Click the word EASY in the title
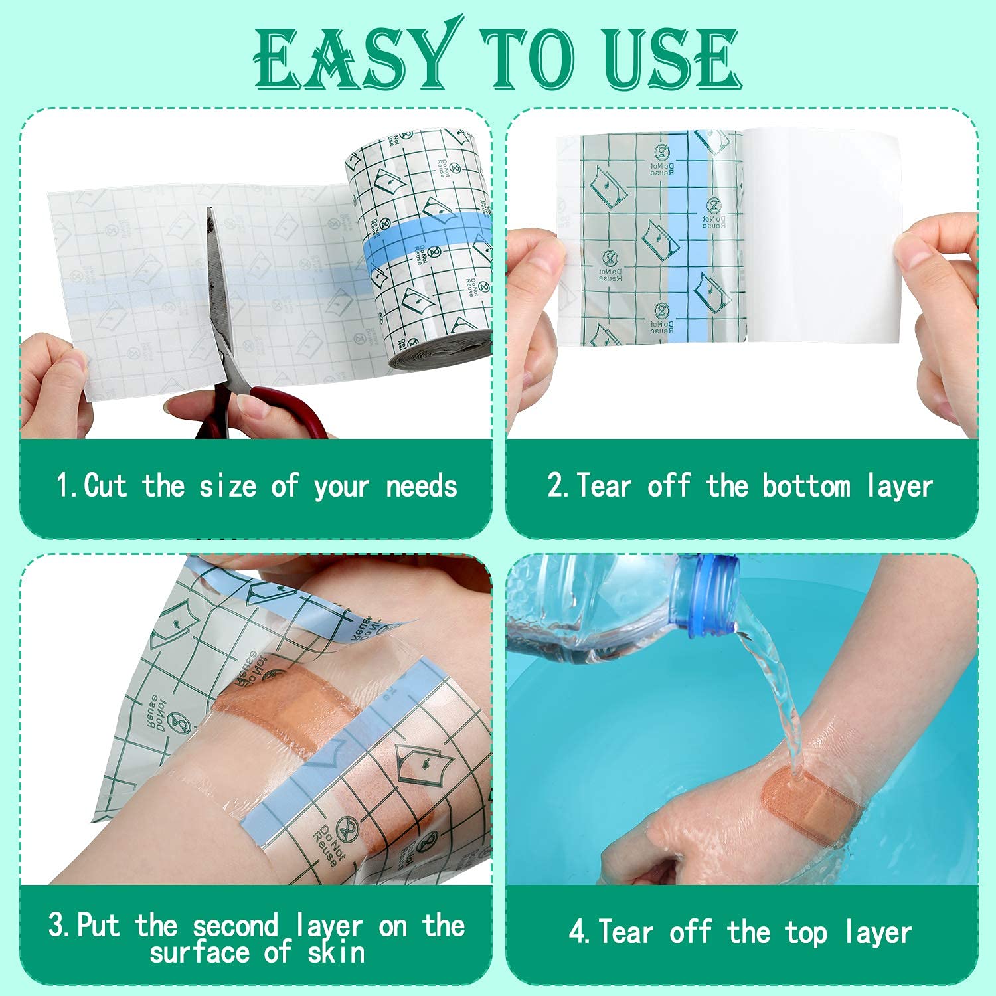click(x=355, y=58)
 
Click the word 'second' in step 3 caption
click(x=235, y=926)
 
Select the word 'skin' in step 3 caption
click(x=336, y=954)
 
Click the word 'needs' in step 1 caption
click(x=422, y=486)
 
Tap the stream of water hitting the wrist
click(x=777, y=697)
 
